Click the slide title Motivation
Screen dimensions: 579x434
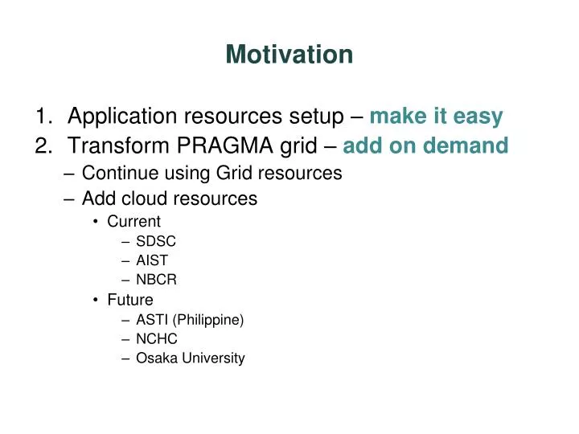pyautogui.click(x=289, y=55)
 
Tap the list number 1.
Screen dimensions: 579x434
pyautogui.click(x=44, y=116)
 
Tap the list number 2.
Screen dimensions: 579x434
pyautogui.click(x=43, y=145)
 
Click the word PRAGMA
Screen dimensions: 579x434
pyautogui.click(x=225, y=145)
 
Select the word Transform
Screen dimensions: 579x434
pyautogui.click(x=118, y=145)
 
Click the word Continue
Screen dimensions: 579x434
pyautogui.click(x=120, y=173)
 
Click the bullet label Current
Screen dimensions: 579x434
pyautogui.click(x=133, y=222)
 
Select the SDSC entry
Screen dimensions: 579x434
pyautogui.click(x=156, y=241)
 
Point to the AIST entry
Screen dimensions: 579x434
pyautogui.click(x=152, y=260)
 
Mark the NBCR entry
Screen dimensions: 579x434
pyautogui.click(x=156, y=280)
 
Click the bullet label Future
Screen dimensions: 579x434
pyautogui.click(x=130, y=300)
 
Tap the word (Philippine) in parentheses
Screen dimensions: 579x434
pyautogui.click(x=208, y=320)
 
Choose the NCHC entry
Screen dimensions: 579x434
pyautogui.click(x=157, y=338)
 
